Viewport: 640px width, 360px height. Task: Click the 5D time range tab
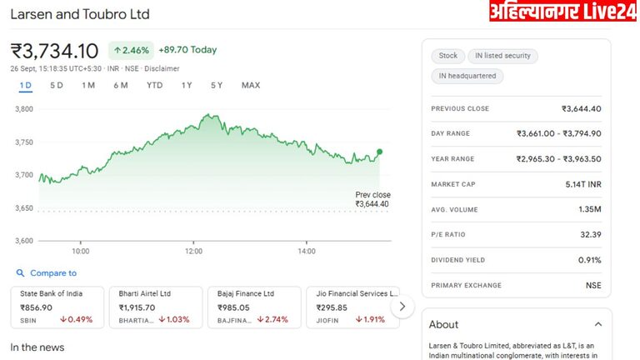(57, 85)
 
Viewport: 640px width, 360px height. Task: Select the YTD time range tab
(154, 85)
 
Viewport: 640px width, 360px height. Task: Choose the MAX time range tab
(251, 85)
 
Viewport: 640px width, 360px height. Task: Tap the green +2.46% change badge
(131, 50)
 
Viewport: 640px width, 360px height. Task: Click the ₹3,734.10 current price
(54, 51)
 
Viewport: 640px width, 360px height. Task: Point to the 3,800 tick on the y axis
(23, 109)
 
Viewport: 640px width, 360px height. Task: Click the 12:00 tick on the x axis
(193, 251)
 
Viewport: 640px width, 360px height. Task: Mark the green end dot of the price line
(379, 152)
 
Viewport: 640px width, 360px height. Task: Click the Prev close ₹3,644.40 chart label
(372, 199)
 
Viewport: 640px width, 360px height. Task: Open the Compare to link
(52, 273)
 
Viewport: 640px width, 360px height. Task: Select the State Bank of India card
(57, 307)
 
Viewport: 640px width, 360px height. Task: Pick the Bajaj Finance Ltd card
(252, 307)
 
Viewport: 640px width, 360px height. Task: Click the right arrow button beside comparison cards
(402, 307)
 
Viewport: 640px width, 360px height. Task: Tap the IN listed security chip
(502, 56)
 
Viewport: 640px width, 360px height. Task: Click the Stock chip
(448, 56)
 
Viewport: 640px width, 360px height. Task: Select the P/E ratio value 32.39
(590, 235)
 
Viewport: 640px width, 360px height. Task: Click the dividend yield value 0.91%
(589, 260)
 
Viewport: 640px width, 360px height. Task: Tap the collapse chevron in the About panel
(598, 324)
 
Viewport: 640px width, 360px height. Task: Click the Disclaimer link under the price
(162, 68)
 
